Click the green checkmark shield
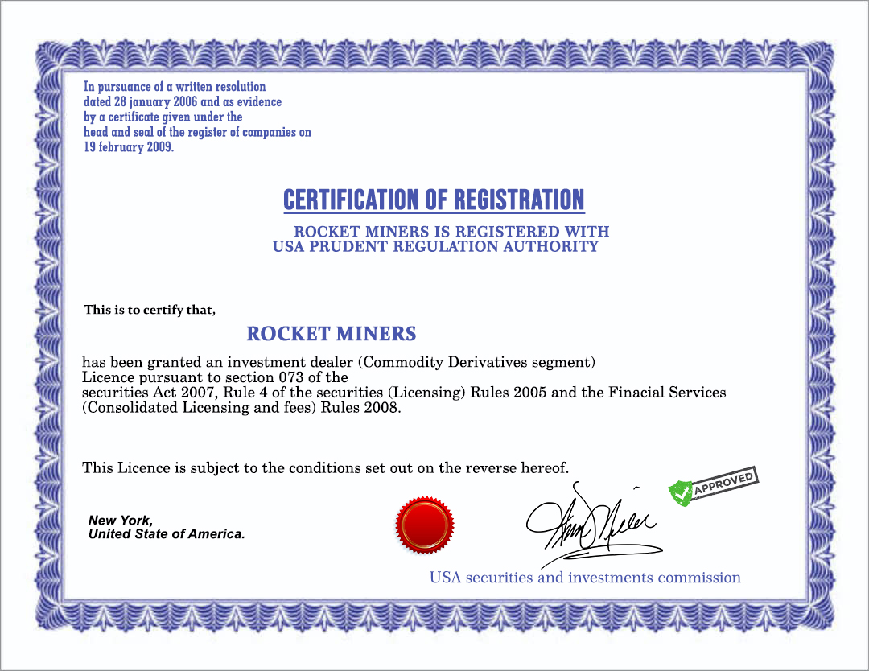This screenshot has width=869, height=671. point(681,493)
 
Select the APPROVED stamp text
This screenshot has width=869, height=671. point(723,484)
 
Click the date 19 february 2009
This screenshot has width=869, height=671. point(129,147)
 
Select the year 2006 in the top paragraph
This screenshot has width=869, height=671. point(185,102)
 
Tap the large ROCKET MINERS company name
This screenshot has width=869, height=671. point(331,333)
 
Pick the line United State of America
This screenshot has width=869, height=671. point(167,534)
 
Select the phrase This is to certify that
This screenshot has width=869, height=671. point(150,310)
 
